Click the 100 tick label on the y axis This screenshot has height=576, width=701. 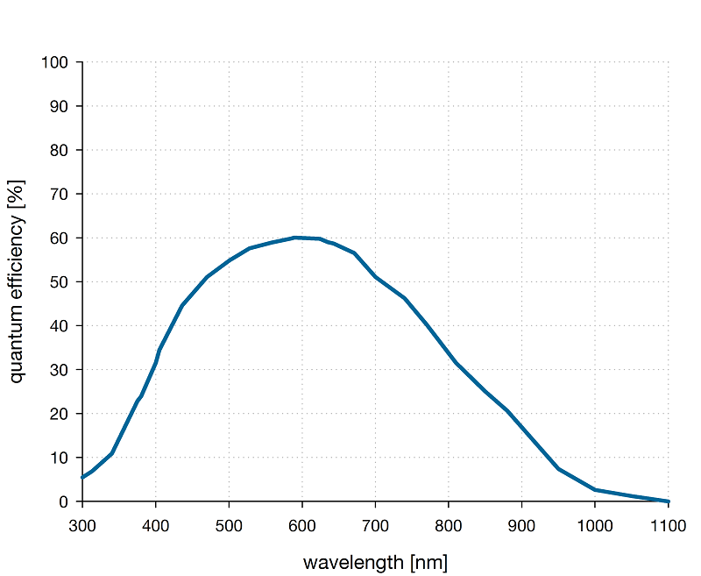pos(54,62)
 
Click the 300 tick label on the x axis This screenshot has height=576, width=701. pos(82,525)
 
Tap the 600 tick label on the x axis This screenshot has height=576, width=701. pos(302,525)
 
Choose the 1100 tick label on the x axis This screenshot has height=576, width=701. pos(668,525)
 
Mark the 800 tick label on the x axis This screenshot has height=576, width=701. pos(449,525)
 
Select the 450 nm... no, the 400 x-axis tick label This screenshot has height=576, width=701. pos(156,525)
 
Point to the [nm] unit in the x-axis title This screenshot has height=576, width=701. pos(427,562)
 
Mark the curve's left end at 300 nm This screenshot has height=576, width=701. pos(82,477)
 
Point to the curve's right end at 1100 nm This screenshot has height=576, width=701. pos(668,501)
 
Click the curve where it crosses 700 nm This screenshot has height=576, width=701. pos(376,277)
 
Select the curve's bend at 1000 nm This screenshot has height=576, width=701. pos(595,490)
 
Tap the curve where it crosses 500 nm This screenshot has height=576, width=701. pos(229,260)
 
